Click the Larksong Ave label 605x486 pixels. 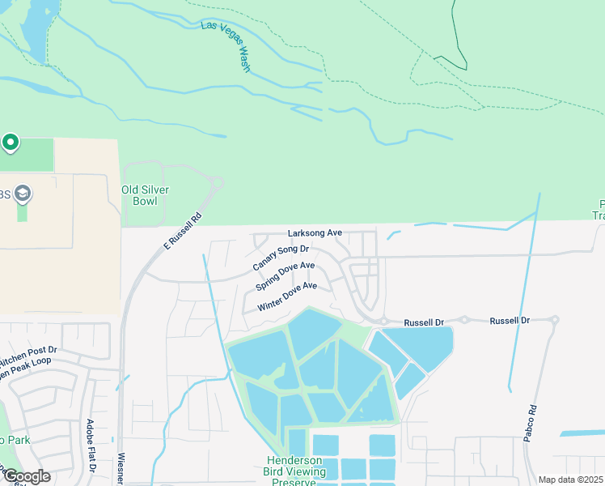[x=315, y=232]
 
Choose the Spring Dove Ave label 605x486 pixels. [x=285, y=276]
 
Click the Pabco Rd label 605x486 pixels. [x=532, y=422]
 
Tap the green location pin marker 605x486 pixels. [x=10, y=143]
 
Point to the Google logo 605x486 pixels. [x=27, y=476]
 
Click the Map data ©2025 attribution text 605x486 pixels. [x=569, y=480]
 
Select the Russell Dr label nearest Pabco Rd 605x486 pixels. [x=510, y=321]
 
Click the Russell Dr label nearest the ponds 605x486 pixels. [x=424, y=322]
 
